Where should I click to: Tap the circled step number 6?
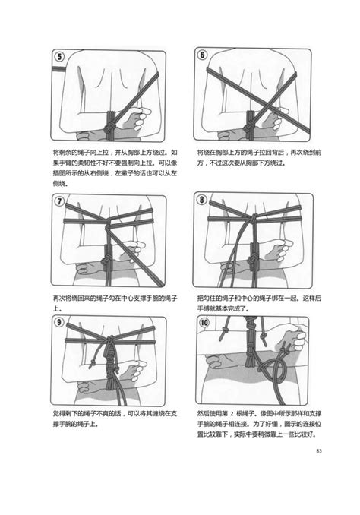click(x=202, y=56)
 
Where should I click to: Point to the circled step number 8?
click(x=202, y=201)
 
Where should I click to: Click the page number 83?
click(x=319, y=453)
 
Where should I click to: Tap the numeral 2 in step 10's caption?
click(x=248, y=410)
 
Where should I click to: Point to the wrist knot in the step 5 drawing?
click(x=111, y=122)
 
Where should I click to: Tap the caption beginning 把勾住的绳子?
click(x=254, y=303)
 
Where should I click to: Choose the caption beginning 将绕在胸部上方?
click(x=254, y=157)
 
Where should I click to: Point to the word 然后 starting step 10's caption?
click(x=204, y=410)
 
